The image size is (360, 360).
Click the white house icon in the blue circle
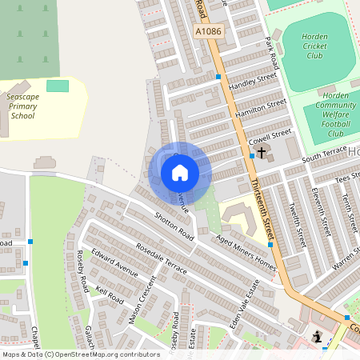[x=180, y=172]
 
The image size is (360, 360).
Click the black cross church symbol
[x=261, y=151]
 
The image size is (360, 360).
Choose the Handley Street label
[x=252, y=82]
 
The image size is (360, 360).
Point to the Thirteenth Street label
[x=263, y=210]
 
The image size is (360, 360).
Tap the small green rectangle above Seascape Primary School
[x=58, y=85]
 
